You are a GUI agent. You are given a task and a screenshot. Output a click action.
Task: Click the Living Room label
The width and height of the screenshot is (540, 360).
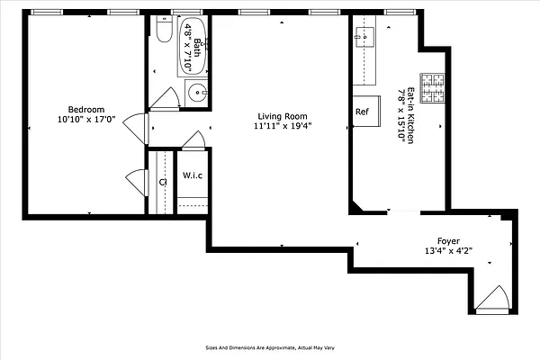(283, 116)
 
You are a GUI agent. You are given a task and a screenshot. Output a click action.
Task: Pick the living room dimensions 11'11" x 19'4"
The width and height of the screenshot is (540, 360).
(283, 127)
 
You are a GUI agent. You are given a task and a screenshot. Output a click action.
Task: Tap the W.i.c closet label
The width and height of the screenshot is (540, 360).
(193, 175)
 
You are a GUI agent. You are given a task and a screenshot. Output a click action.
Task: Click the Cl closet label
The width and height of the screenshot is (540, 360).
(163, 182)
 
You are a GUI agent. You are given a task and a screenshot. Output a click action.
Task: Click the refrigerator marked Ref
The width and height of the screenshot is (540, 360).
(362, 112)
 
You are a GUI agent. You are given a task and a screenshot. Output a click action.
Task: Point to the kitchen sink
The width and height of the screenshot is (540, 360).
(367, 38)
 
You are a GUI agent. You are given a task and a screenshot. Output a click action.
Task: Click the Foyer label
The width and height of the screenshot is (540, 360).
(449, 240)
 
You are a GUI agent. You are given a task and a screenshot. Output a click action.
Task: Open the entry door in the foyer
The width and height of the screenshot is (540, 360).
(491, 300)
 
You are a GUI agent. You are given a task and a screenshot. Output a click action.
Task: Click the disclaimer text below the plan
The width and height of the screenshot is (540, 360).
(270, 346)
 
